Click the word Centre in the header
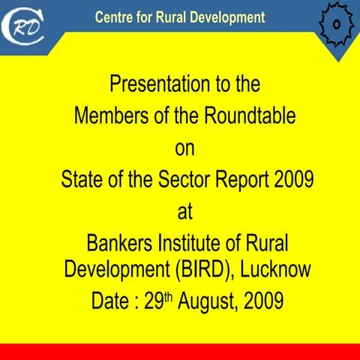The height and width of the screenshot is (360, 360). [115, 16]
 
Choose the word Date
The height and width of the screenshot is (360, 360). [109, 301]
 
